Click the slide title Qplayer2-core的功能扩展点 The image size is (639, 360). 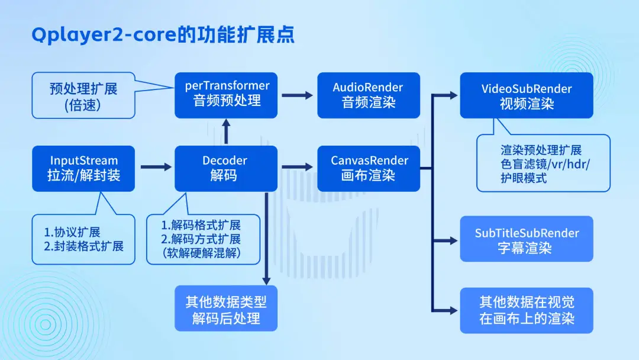tap(163, 35)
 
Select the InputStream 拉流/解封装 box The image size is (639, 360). tap(83, 168)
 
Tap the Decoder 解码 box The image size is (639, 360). tap(226, 168)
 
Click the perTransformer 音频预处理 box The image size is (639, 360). tap(226, 95)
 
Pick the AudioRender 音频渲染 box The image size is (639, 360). tap(369, 95)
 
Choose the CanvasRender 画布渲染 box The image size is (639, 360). tap(369, 168)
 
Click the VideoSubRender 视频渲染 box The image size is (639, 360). tap(527, 95)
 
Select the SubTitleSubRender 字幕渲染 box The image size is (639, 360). tap(527, 239)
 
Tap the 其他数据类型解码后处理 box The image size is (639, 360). tap(226, 308)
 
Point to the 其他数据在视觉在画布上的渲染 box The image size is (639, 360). tap(527, 310)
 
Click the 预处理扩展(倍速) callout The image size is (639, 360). tap(83, 95)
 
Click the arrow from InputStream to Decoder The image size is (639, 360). tap(156, 167)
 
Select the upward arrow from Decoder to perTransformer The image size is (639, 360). tap(226, 131)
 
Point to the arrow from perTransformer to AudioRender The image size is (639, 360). tap(297, 95)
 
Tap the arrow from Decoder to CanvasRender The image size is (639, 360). tap(297, 167)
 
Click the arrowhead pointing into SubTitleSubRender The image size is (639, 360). tap(453, 240)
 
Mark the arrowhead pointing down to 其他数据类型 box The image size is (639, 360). tap(266, 281)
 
